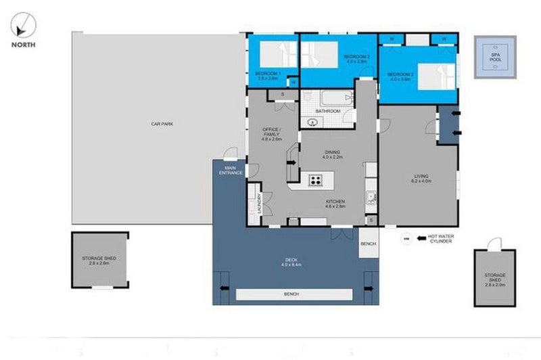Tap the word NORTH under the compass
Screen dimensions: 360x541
(x=20, y=45)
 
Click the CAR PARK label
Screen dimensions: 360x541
(x=159, y=123)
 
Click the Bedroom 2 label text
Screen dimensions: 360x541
(x=355, y=58)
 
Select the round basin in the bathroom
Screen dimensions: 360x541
(x=313, y=122)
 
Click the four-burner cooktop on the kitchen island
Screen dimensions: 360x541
(x=316, y=180)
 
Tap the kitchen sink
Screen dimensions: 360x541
(x=371, y=198)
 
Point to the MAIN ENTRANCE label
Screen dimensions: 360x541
(x=230, y=171)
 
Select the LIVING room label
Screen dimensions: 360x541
(x=422, y=177)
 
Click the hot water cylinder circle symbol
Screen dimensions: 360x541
(x=406, y=238)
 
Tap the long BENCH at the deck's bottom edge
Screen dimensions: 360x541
(x=294, y=295)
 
